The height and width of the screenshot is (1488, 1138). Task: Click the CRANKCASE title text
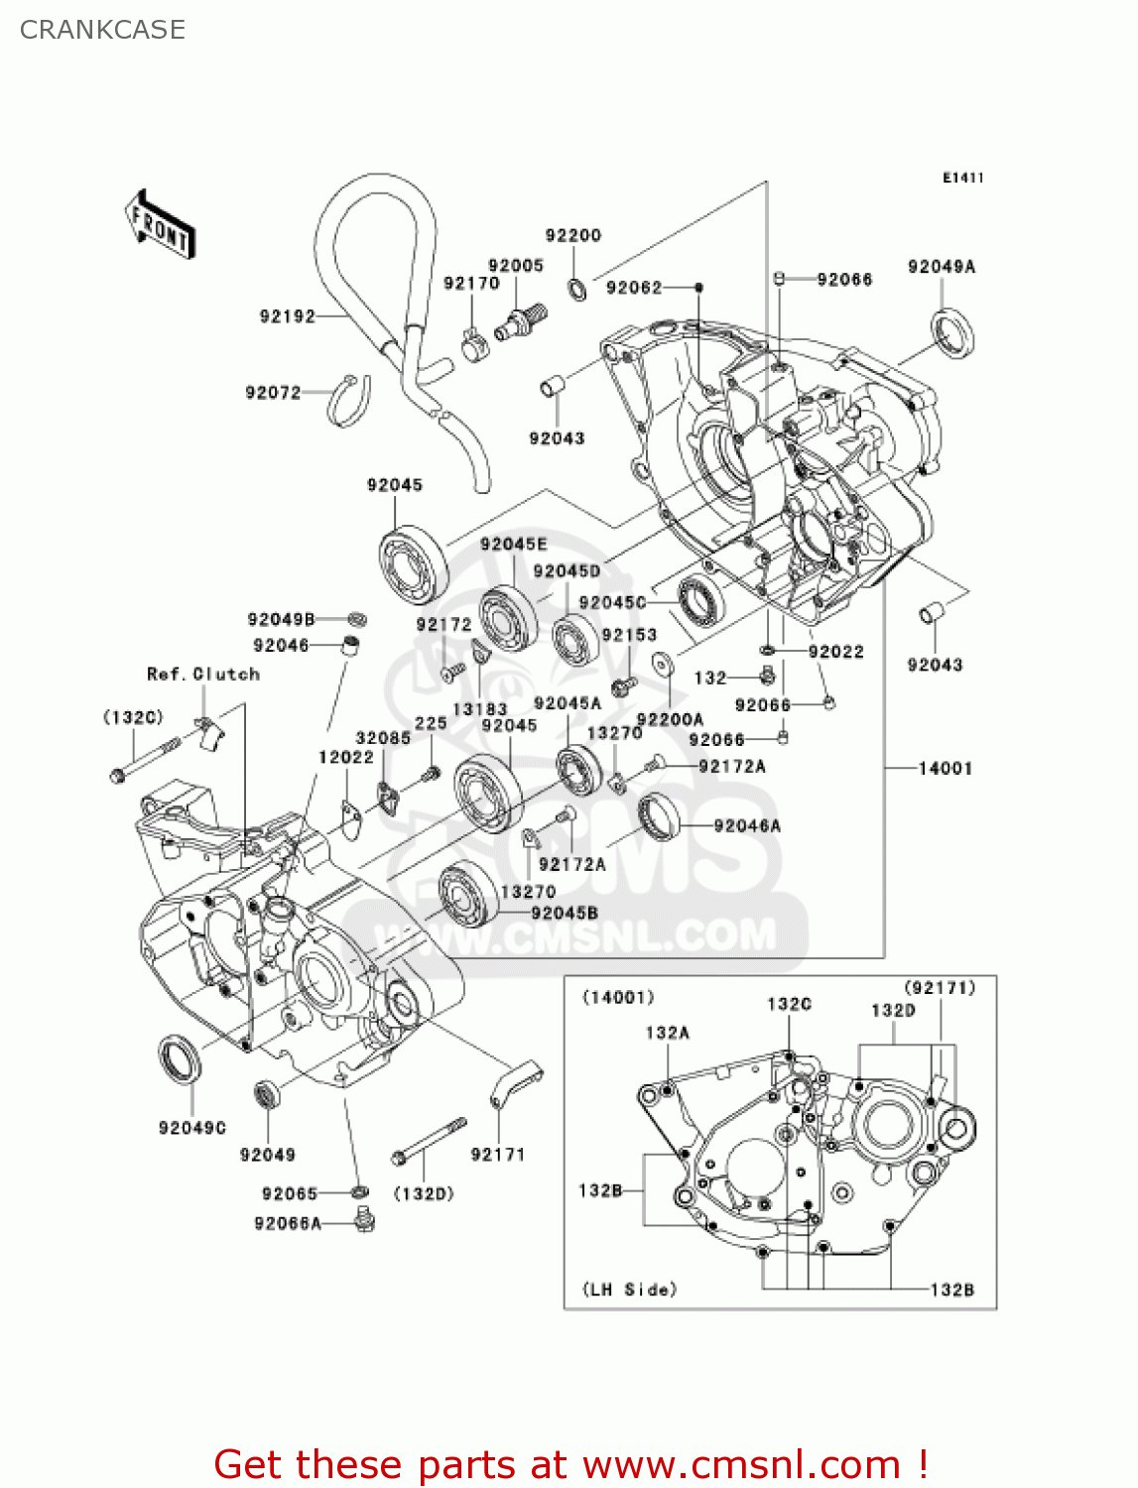(x=102, y=30)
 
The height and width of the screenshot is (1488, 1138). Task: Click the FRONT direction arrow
(x=160, y=225)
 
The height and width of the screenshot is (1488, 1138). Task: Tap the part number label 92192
(x=287, y=316)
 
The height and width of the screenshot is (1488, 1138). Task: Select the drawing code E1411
(x=962, y=178)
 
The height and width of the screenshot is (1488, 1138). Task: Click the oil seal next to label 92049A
(x=952, y=332)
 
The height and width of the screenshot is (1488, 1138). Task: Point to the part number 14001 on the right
(x=945, y=768)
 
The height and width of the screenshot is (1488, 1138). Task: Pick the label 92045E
(x=513, y=544)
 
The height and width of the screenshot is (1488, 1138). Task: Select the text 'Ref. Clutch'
(x=203, y=674)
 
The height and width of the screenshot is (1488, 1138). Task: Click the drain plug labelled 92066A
(x=365, y=1218)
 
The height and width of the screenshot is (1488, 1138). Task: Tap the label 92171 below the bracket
(x=497, y=1154)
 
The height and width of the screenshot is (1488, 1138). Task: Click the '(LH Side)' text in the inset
(x=629, y=1289)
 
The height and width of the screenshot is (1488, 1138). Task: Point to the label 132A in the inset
(x=667, y=1033)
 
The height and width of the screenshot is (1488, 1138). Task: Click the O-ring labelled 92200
(x=575, y=289)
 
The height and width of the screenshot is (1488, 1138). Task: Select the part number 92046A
(x=747, y=825)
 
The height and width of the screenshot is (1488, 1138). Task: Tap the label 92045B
(x=565, y=913)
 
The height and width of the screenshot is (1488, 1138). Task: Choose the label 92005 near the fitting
(x=516, y=265)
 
